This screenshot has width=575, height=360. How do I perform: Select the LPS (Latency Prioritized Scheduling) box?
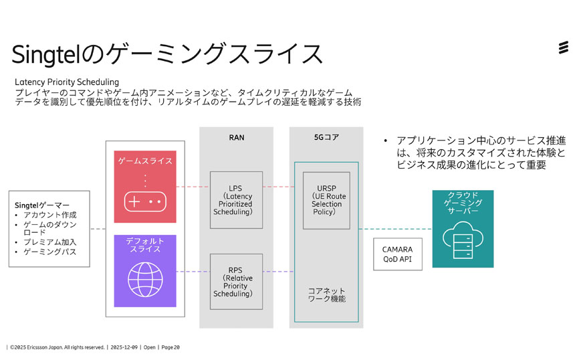(236, 199)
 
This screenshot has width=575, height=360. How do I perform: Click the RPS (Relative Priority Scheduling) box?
(236, 281)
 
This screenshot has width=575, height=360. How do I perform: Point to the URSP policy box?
(326, 199)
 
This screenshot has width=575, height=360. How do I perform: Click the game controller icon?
(145, 201)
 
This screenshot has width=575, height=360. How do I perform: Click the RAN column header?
(236, 138)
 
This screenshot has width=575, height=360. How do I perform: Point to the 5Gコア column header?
(326, 138)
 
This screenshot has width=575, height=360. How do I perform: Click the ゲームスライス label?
(145, 161)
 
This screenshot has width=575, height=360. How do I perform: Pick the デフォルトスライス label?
(145, 244)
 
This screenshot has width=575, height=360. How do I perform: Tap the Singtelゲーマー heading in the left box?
(42, 204)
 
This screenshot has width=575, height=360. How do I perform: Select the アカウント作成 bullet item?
(50, 215)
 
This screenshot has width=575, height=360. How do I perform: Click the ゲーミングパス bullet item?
(50, 252)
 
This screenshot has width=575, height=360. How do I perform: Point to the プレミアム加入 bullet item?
(50, 242)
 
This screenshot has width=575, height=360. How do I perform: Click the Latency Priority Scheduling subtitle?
(67, 82)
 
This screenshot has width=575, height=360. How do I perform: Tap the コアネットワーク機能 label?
(326, 295)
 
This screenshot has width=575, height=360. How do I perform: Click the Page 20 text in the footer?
(170, 347)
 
